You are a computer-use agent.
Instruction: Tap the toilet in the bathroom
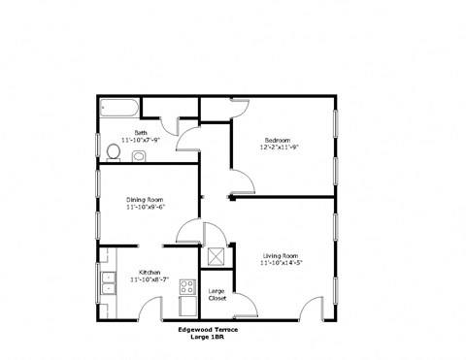pyautogui.click(x=113, y=150)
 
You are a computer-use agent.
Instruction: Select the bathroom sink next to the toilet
pyautogui.click(x=137, y=155)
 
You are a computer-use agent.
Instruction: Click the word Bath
pyautogui.click(x=141, y=131)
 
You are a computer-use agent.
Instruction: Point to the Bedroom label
pyautogui.click(x=277, y=140)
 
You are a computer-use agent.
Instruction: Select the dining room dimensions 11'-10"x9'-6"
pyautogui.click(x=145, y=207)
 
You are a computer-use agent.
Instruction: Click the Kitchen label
pyautogui.click(x=149, y=271)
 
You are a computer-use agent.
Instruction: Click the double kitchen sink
pyautogui.click(x=105, y=283)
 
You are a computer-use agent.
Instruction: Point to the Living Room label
pyautogui.click(x=280, y=255)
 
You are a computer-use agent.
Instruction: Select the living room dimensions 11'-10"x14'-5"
pyautogui.click(x=283, y=264)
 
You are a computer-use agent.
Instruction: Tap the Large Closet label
pyautogui.click(x=217, y=293)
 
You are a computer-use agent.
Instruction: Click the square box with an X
pyautogui.click(x=216, y=257)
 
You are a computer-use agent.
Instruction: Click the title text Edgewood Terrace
pyautogui.click(x=207, y=330)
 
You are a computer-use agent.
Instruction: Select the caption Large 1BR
pyautogui.click(x=208, y=338)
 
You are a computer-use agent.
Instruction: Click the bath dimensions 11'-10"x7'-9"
pyautogui.click(x=142, y=139)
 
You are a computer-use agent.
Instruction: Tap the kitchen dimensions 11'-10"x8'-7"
pyautogui.click(x=150, y=279)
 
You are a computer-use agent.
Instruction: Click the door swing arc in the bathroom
pyautogui.click(x=170, y=125)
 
